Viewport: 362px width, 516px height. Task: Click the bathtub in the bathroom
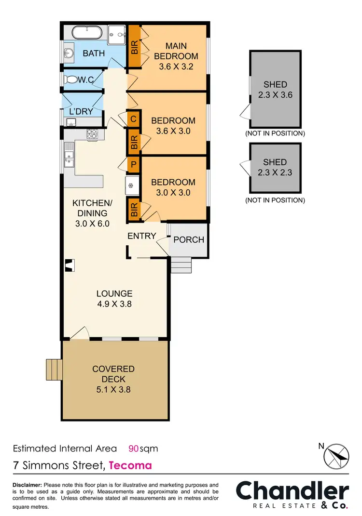pos(87,33)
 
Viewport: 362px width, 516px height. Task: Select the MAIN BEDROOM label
pos(176,56)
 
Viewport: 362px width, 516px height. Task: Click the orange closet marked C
pos(134,119)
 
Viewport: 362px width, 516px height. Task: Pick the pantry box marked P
pos(134,164)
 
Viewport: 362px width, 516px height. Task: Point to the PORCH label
pos(188,239)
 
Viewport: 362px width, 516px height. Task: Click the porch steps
pos(181,264)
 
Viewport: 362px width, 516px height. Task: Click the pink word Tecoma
pos(130,465)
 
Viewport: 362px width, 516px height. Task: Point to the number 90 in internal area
pos(134,449)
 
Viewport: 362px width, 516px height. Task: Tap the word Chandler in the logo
pos(292,491)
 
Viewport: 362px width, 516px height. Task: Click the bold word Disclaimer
pos(28,485)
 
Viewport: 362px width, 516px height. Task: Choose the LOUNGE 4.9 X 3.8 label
pos(114,299)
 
